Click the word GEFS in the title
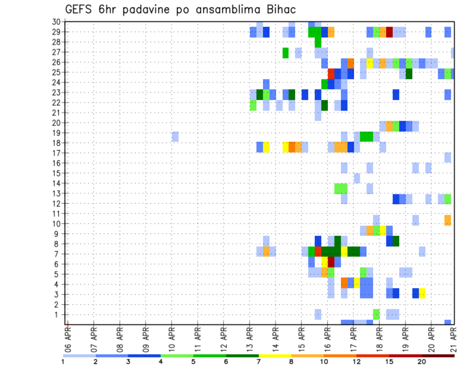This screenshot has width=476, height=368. (x=79, y=10)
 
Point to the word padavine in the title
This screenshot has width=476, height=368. (x=154, y=10)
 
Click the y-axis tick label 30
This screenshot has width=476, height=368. (x=56, y=22)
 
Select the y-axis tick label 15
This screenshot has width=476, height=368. (x=56, y=173)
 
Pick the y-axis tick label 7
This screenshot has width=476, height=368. (x=58, y=254)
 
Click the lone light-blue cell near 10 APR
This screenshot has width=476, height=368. (x=175, y=136)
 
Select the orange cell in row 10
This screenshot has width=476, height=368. (x=448, y=220)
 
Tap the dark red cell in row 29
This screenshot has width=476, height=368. (x=389, y=32)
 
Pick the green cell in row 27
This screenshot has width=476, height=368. (x=286, y=52)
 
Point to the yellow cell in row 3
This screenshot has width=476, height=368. (x=422, y=293)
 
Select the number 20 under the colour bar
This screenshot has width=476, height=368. (x=422, y=362)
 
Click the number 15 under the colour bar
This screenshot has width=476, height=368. (x=389, y=362)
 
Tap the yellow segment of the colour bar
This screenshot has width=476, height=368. (x=275, y=356)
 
